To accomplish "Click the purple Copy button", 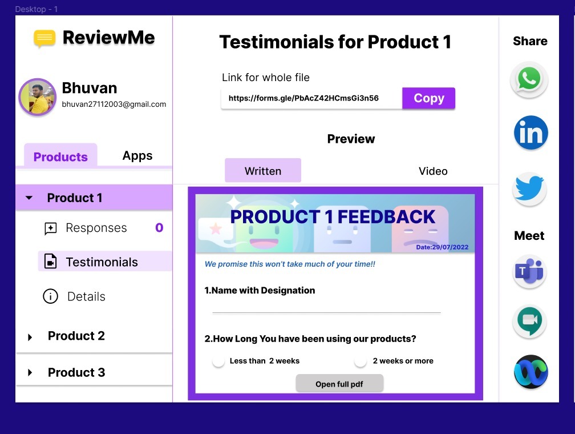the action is (428, 98).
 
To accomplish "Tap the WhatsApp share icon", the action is (529, 79).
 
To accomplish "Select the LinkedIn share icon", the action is (531, 132).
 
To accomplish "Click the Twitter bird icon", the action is (529, 188).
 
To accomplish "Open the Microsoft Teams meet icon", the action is (529, 272).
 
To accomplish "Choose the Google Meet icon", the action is (529, 322).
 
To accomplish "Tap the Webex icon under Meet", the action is (531, 372).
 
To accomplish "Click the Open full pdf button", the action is (339, 384).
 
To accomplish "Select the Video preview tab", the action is (433, 171).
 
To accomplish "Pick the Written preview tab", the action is (263, 170).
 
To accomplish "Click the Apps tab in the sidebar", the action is (137, 156).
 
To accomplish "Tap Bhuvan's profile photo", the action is (38, 97).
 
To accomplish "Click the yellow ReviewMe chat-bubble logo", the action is (44, 39).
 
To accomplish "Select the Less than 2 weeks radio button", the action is (218, 361).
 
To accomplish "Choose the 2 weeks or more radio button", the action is (361, 361).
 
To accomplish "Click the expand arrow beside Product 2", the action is (30, 337).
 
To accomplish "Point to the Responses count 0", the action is (159, 228).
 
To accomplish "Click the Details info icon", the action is (50, 296).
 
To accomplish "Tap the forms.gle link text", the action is (303, 98).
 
